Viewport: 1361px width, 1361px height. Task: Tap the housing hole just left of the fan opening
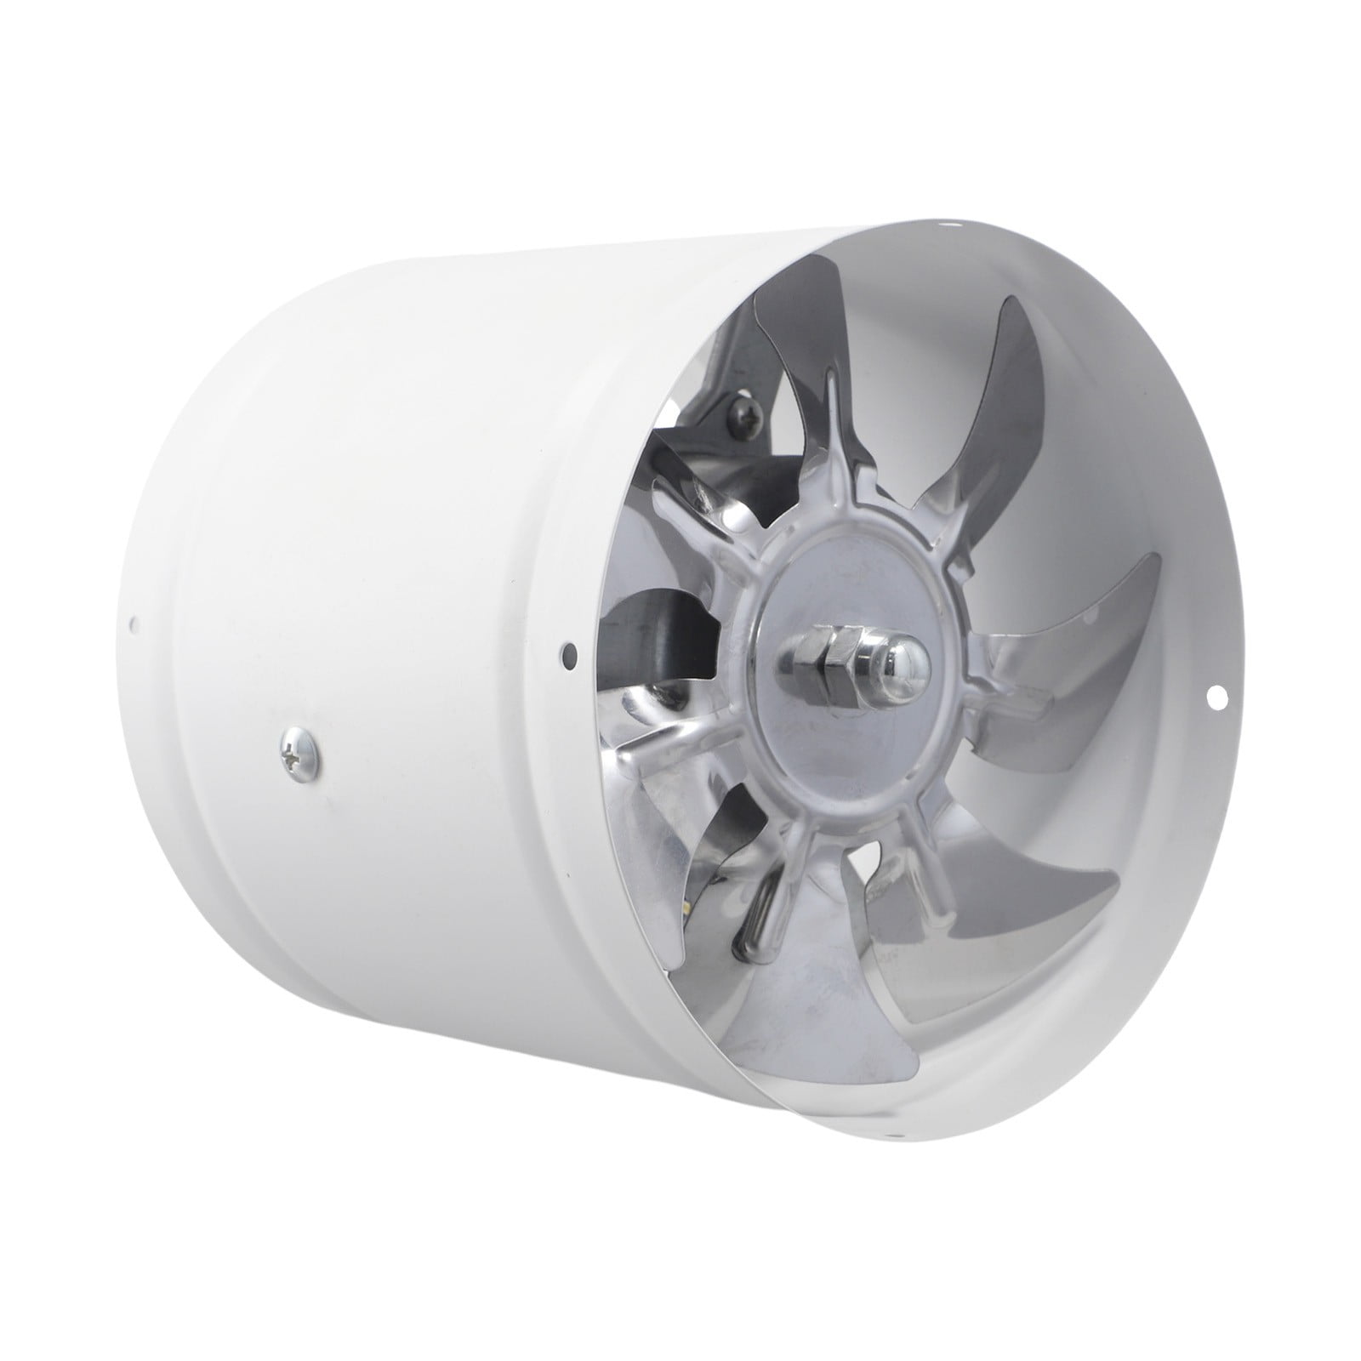(567, 654)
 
